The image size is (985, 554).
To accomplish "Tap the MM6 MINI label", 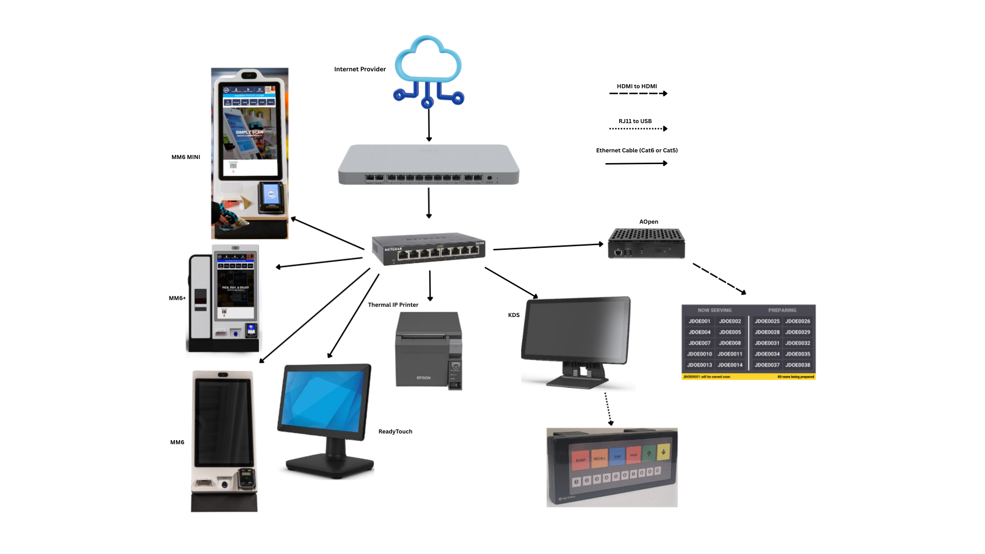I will click(x=186, y=157).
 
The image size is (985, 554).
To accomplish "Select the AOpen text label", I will click(x=648, y=222).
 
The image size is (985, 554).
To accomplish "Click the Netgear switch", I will click(x=429, y=249).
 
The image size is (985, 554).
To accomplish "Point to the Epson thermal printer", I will click(x=428, y=351).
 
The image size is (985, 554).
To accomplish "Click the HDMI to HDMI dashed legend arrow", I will click(x=638, y=93).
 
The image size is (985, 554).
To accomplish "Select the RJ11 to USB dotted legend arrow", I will click(x=638, y=129).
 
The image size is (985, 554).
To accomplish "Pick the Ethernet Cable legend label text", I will click(x=637, y=150).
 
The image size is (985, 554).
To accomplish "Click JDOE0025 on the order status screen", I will click(x=767, y=321).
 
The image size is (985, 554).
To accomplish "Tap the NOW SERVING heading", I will click(x=714, y=310).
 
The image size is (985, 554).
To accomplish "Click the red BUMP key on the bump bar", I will click(x=580, y=460).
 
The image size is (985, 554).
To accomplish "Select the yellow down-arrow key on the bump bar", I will click(x=663, y=452).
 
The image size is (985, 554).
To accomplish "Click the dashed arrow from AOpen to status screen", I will click(x=719, y=279).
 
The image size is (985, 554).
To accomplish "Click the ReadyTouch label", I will click(x=395, y=431).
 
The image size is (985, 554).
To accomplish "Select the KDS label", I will click(x=514, y=315).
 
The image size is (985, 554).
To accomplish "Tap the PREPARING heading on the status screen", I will click(x=782, y=310).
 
